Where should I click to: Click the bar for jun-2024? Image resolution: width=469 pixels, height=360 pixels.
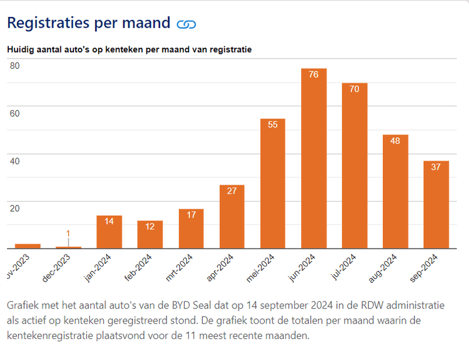pos(314,158)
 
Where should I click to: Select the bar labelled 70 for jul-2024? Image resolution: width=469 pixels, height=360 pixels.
pos(355,165)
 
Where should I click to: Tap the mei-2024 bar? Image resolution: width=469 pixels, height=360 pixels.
pos(273,184)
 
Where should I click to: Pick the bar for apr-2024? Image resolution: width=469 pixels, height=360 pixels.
pos(232,216)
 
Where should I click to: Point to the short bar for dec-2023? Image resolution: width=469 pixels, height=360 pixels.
pos(68,247)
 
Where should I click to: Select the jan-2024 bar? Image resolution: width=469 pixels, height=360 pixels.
pos(109,232)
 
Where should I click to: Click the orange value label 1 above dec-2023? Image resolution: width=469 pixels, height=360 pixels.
pos(68,233)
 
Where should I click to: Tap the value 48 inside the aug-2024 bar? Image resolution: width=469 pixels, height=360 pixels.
pos(395,141)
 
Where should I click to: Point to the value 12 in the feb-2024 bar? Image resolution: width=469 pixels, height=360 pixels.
pos(150,226)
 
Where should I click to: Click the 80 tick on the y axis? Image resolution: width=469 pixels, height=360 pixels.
pos(15,66)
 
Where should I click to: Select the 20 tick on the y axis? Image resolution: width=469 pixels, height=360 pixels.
pos(15,209)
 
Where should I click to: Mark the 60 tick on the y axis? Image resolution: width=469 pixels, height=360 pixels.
pos(15,113)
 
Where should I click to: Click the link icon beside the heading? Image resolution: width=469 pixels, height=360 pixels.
pos(186,24)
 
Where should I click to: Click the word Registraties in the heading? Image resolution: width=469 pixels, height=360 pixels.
pos(48,23)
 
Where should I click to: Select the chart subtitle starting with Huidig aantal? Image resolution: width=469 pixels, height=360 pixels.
pos(129,50)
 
